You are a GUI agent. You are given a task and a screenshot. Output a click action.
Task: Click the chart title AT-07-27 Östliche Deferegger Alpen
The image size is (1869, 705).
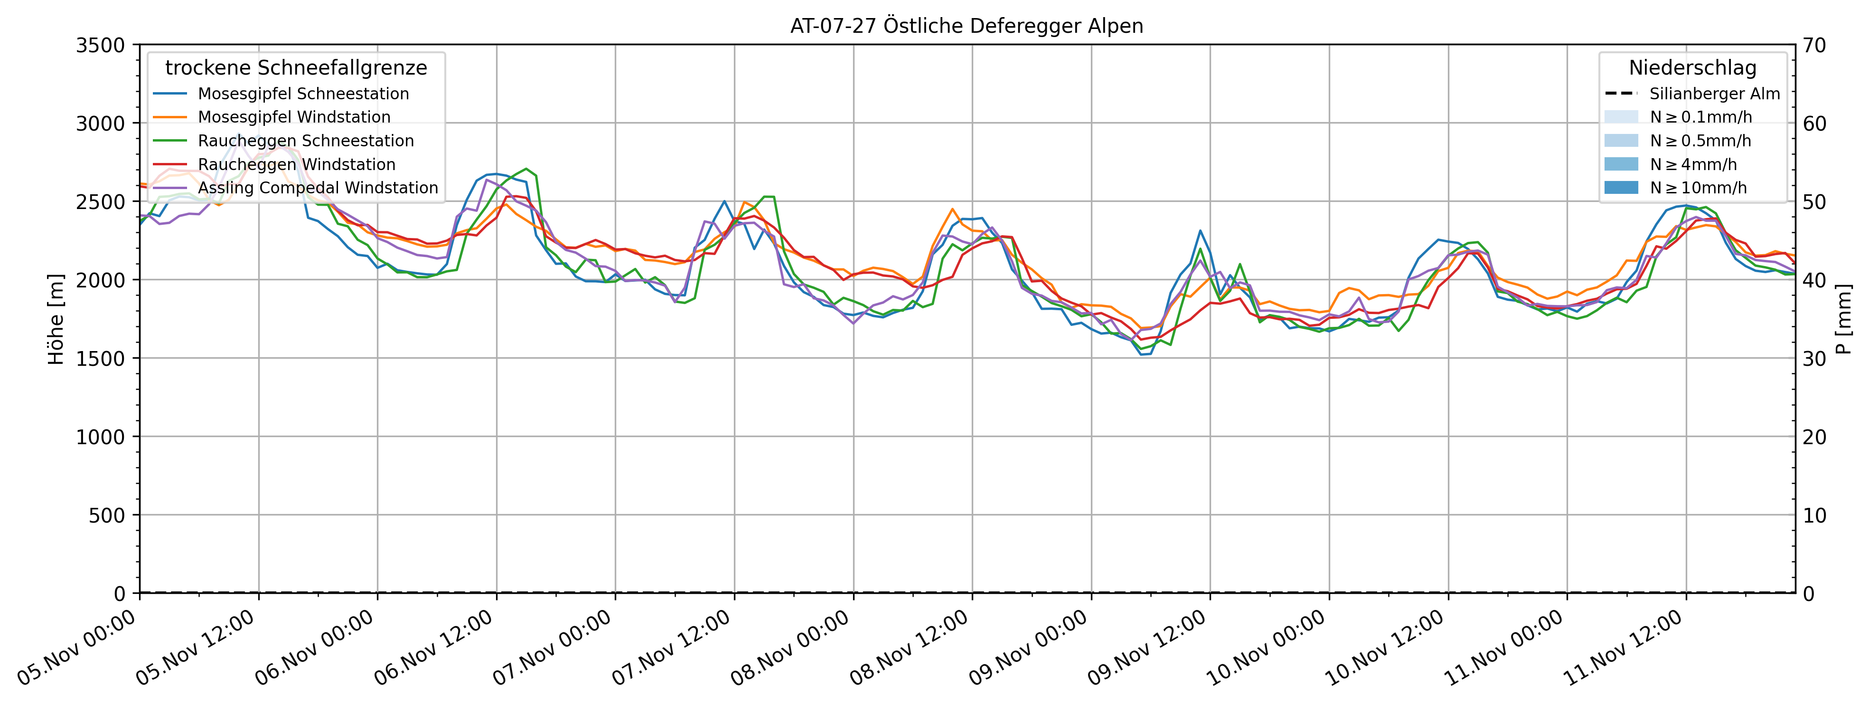[967, 26]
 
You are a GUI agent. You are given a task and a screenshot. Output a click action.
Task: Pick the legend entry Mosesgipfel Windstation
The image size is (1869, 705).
[294, 117]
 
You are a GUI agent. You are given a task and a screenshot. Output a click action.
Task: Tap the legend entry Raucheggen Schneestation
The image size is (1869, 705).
[305, 141]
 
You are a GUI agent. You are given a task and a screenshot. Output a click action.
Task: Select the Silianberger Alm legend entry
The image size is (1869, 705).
[1714, 94]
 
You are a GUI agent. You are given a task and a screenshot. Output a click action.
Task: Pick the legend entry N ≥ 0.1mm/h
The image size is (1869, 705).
[1700, 117]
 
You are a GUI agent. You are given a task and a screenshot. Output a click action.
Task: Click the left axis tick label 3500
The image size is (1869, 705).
[100, 45]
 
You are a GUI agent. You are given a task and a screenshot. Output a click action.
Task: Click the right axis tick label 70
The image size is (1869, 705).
[1814, 45]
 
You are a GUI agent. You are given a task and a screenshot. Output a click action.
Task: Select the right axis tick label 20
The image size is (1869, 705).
[1814, 437]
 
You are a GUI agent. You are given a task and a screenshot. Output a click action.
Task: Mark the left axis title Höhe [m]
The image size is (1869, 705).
[56, 319]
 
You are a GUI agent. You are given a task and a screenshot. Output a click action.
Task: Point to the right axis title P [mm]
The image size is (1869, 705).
[1844, 319]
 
